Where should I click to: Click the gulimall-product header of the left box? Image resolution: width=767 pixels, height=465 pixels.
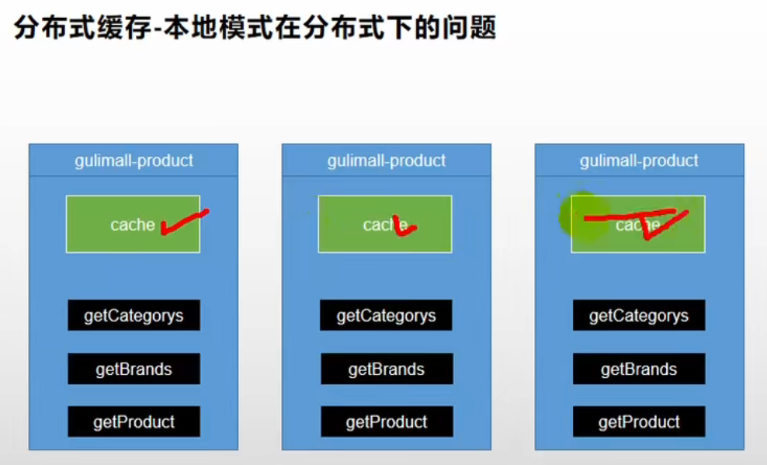[x=134, y=161]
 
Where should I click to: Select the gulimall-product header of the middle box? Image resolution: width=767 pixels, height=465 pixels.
[x=387, y=161]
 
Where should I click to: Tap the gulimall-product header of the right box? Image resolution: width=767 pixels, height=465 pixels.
[x=639, y=161]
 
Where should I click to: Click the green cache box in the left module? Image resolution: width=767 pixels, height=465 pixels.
[x=116, y=224]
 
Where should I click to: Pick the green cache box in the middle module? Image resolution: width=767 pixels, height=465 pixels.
[x=365, y=224]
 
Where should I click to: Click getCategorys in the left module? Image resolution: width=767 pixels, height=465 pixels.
[x=134, y=316]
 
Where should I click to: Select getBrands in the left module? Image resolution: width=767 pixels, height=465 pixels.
[x=134, y=370]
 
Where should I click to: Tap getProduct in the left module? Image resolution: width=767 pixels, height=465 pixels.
[x=134, y=422]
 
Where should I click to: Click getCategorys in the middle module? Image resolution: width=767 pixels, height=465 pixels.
[x=387, y=316]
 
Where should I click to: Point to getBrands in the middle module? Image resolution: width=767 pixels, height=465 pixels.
[x=387, y=370]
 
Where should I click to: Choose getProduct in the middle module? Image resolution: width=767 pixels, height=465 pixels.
[x=387, y=422]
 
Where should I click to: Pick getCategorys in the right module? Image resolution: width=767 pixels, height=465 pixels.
[x=639, y=316]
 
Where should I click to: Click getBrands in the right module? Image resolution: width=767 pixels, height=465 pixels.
[x=639, y=370]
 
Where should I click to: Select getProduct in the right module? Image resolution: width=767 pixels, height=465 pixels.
[x=639, y=422]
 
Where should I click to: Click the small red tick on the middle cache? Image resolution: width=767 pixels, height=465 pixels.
[x=404, y=227]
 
